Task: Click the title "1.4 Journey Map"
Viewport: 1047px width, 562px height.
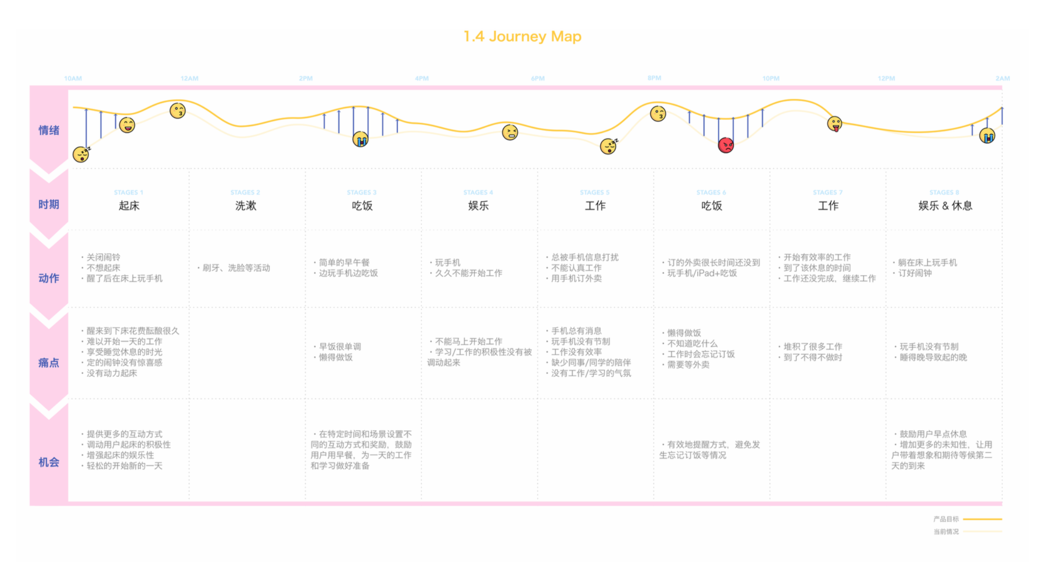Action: [522, 37]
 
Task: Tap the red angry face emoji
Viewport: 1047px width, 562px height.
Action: [726, 145]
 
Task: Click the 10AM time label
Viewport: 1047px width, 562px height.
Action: [73, 78]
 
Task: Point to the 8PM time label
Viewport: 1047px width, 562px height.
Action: [654, 78]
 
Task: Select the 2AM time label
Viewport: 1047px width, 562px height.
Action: [1002, 78]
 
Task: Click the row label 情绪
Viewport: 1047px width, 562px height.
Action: [49, 130]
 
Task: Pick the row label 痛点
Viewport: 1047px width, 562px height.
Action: [49, 363]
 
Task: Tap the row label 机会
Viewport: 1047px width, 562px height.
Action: [49, 462]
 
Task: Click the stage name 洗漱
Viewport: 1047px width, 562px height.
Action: [245, 206]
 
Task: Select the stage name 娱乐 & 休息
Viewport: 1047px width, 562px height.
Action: [945, 206]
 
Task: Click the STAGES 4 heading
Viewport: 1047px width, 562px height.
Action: [478, 192]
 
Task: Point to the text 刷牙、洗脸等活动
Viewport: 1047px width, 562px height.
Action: [236, 268]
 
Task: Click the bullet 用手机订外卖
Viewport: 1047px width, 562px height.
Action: [576, 278]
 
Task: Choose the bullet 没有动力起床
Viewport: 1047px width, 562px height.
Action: [112, 373]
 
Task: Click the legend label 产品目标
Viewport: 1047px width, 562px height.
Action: [946, 519]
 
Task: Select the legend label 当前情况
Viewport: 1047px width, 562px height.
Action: [946, 531]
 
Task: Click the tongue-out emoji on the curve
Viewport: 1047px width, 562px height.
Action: [834, 124]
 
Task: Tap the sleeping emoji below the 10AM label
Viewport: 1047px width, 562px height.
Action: [81, 154]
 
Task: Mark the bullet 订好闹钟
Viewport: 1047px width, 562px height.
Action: [915, 273]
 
